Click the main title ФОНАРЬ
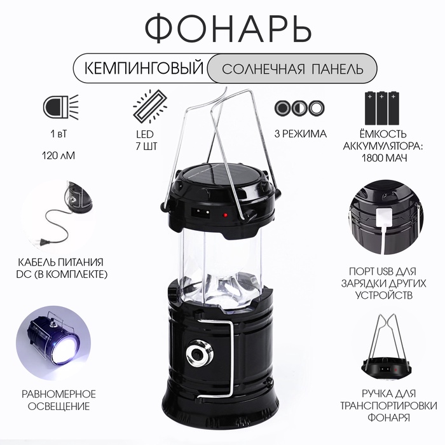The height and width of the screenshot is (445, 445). click(228, 29)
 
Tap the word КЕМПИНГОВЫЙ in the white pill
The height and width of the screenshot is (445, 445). click(144, 69)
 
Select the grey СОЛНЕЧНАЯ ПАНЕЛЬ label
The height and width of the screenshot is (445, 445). click(292, 69)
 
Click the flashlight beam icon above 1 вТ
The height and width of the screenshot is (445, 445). click(60, 107)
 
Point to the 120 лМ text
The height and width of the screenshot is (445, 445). click(58, 156)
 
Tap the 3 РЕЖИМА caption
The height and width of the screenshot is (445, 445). click(300, 133)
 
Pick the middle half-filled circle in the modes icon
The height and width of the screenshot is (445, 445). click(299, 108)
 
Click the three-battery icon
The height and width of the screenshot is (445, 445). click(381, 108)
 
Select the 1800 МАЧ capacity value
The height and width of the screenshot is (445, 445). click(384, 158)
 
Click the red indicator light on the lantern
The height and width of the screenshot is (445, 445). click(226, 215)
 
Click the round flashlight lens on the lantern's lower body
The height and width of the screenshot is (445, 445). click(198, 354)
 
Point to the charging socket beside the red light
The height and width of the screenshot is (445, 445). click(201, 212)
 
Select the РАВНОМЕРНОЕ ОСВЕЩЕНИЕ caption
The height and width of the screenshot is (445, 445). click(58, 400)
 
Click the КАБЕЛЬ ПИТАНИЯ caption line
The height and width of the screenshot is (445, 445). click(61, 262)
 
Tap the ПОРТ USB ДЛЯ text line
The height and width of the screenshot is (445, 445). click(383, 271)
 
